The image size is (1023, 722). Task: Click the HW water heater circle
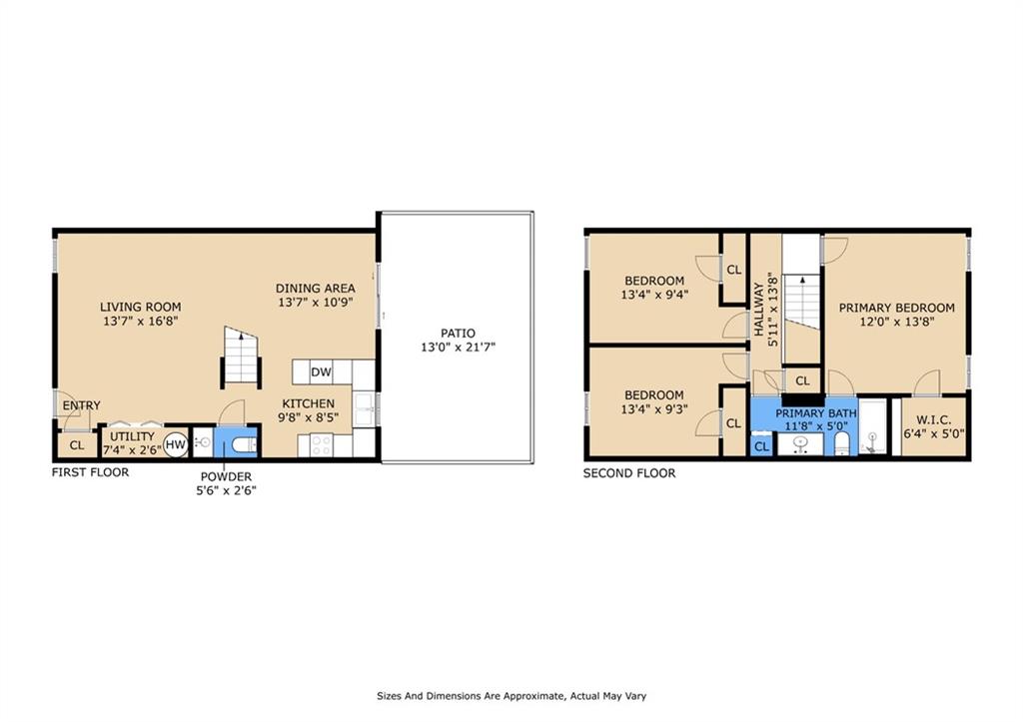(176, 444)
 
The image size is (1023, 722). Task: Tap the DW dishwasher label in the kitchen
(321, 372)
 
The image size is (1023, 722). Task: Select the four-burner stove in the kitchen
(321, 445)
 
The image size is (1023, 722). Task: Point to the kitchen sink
(366, 405)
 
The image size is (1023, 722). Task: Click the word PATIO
(458, 334)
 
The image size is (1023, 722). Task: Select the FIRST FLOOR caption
(90, 472)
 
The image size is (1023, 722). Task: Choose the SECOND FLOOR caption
(629, 473)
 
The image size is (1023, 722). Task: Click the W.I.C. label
(933, 420)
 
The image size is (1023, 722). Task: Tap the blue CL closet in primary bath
(762, 446)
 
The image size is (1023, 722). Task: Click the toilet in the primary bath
(842, 443)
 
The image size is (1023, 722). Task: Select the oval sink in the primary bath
(800, 444)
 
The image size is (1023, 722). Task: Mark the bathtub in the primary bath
(874, 428)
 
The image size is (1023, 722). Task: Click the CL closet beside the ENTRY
(76, 444)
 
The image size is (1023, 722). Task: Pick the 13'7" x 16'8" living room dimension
(140, 322)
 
